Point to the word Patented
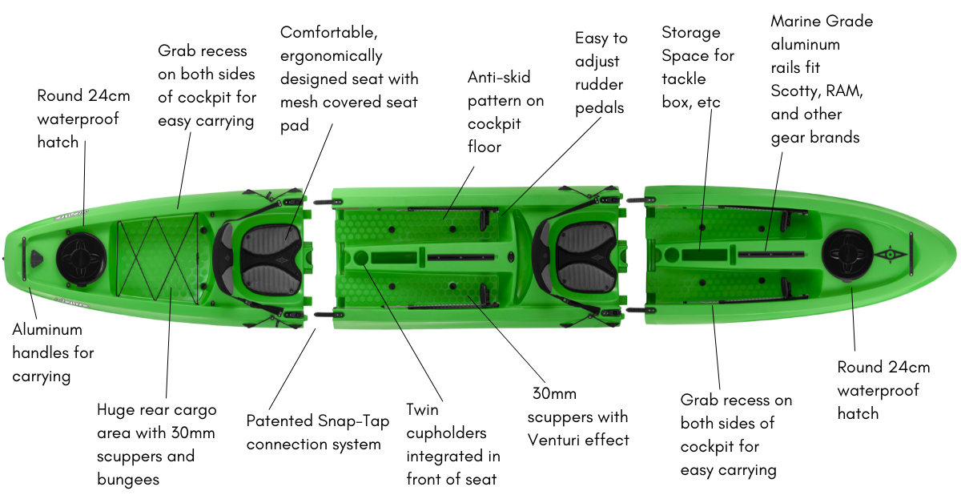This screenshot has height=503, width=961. coord(278,421)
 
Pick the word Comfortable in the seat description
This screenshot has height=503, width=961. coord(328,34)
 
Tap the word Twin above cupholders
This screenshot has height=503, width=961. coord(423,410)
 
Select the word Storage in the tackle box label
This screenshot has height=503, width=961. coord(690,33)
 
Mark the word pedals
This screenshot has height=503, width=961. coord(599,107)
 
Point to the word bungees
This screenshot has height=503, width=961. coord(128,479)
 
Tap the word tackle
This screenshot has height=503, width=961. coord(683,78)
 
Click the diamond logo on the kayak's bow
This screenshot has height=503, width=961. coord(887,256)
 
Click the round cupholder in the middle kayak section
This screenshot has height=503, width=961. coord(359,258)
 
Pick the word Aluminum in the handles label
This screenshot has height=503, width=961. coord(47,329)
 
